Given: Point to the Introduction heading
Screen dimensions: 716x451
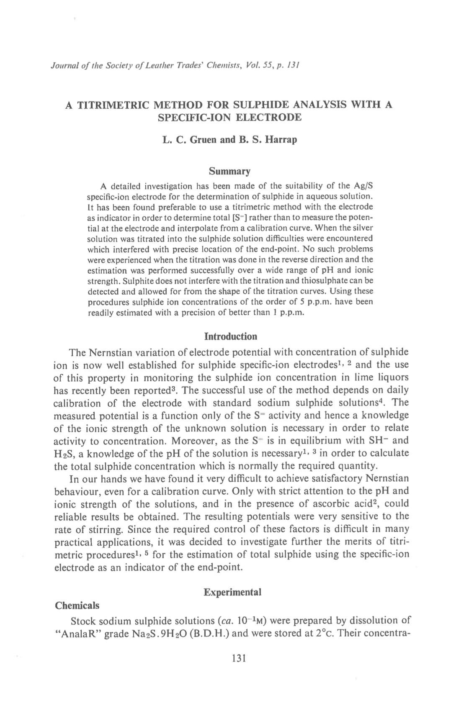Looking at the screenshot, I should click(x=230, y=336).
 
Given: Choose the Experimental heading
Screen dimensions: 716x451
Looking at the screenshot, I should click(x=232, y=592).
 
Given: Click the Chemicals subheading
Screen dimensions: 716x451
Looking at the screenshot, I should click(x=77, y=606).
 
